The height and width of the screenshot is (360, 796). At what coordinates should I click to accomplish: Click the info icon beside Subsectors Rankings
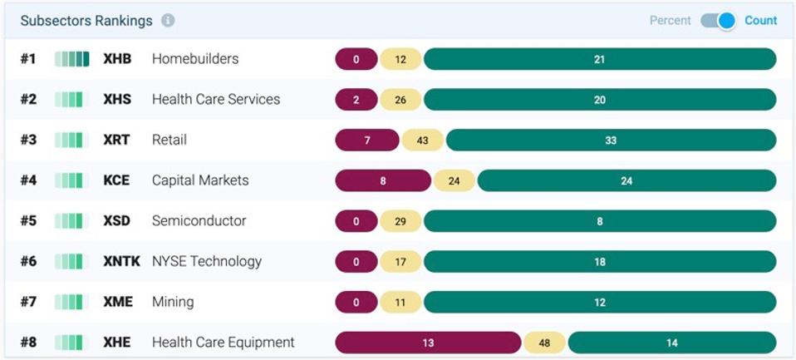168,21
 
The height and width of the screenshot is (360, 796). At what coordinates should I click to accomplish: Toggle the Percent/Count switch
718,21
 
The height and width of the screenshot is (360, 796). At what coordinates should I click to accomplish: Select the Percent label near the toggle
670,21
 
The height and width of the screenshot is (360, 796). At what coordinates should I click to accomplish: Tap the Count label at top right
760,21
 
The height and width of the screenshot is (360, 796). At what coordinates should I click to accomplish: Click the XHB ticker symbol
117,59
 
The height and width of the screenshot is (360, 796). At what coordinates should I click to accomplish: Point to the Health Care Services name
215,100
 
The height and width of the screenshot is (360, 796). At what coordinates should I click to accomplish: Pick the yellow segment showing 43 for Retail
422,141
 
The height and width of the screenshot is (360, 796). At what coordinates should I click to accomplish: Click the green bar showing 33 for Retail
611,141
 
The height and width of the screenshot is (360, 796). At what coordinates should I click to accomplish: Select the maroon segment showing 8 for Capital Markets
383,180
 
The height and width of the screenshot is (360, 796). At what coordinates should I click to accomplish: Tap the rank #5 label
29,221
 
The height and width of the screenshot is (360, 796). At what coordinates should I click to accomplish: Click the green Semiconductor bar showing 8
599,221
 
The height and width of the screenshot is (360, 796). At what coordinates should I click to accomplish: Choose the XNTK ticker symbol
121,262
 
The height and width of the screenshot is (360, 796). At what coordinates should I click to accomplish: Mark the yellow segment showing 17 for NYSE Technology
400,262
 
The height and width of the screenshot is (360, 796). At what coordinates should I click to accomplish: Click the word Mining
173,302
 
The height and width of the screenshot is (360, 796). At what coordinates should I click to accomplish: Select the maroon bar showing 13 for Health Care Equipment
428,343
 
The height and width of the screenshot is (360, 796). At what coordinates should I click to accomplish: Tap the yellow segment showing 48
544,343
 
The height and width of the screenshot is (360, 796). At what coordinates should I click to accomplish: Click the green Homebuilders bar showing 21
599,59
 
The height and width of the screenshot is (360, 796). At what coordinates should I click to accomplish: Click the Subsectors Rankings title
86,21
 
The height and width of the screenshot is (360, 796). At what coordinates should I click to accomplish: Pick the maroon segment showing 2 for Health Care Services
356,100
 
